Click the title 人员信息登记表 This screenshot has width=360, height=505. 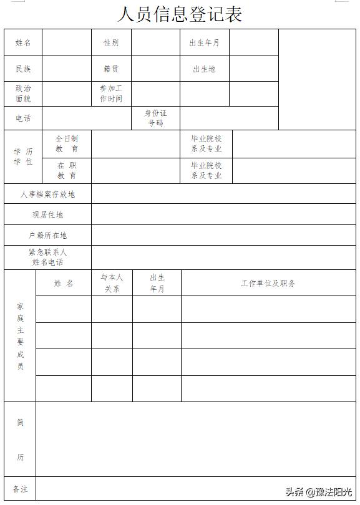(x=179, y=14)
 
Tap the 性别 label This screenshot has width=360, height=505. (x=111, y=42)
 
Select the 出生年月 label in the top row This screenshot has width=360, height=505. (x=204, y=43)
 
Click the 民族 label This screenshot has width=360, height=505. (x=23, y=69)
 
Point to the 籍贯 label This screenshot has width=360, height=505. (x=111, y=69)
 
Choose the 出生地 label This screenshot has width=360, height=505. (x=204, y=69)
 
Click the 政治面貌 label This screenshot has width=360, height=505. (x=23, y=94)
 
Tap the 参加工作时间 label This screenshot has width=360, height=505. (x=111, y=94)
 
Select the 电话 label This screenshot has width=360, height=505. (x=23, y=118)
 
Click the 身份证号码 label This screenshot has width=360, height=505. (x=155, y=118)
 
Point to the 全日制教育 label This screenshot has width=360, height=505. (x=67, y=144)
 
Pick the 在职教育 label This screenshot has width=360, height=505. (x=67, y=171)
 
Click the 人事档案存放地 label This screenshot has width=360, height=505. (x=47, y=195)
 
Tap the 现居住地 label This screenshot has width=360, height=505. (x=47, y=215)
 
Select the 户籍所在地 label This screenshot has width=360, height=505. (x=47, y=236)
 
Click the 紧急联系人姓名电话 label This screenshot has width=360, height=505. (x=47, y=257)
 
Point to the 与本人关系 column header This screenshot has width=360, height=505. (x=112, y=283)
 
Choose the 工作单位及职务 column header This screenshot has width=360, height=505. (x=268, y=283)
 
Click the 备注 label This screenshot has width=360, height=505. (x=20, y=489)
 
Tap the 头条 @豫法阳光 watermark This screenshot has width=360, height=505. (x=319, y=492)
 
